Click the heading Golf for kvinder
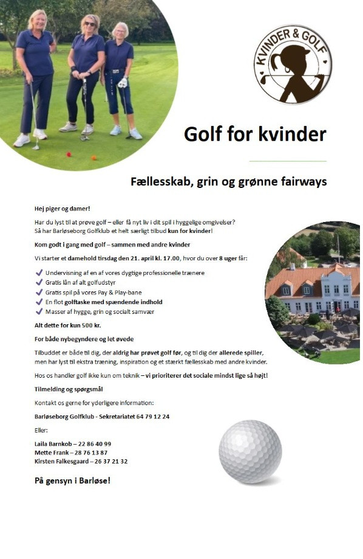point(255,133)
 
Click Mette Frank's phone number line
point(71,453)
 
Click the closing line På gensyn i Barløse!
point(72,481)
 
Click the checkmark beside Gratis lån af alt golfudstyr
point(39,282)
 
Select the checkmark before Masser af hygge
point(39,311)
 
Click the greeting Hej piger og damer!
point(62,209)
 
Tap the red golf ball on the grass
point(68,154)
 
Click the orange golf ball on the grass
point(93,158)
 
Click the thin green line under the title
point(288,161)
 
